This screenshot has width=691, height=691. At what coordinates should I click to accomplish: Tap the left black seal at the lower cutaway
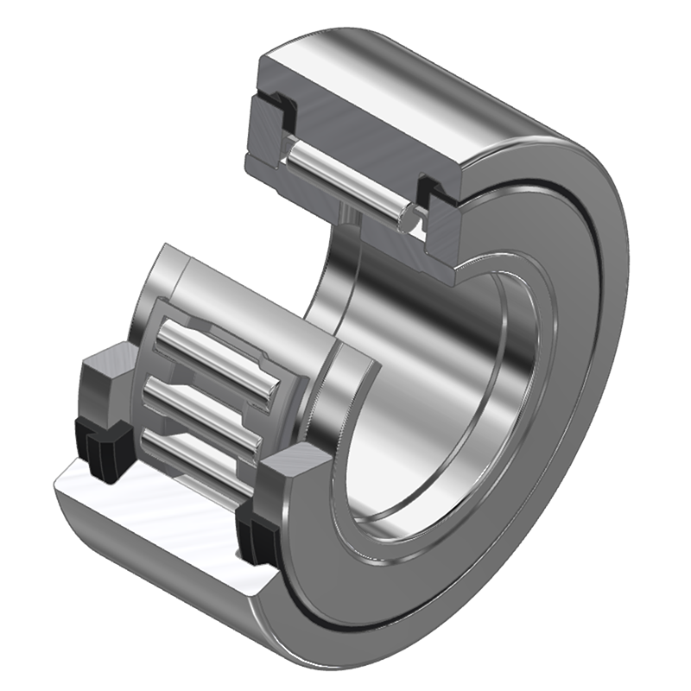102,441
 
